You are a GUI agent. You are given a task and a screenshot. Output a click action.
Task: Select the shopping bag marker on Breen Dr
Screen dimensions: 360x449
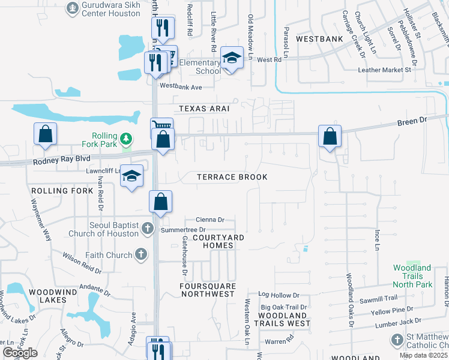click(x=330, y=136)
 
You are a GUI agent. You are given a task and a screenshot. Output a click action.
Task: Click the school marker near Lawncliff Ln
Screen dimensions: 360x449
click(x=132, y=176)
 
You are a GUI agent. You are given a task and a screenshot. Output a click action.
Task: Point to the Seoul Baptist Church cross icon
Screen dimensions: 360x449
click(x=148, y=228)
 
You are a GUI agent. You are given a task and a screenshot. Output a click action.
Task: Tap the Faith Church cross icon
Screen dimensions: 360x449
click(x=141, y=255)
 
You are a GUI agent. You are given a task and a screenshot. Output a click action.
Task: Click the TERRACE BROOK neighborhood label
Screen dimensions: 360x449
click(x=232, y=178)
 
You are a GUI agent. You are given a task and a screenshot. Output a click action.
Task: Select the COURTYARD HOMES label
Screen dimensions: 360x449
click(x=218, y=242)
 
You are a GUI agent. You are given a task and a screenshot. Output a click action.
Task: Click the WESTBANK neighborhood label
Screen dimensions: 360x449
click(x=319, y=39)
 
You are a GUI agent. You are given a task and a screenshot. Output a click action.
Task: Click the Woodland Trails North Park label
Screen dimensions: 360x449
click(x=412, y=276)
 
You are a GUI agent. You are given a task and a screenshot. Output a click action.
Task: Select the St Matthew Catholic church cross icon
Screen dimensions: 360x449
click(x=397, y=340)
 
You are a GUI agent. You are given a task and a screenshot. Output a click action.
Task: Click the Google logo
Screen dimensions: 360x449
click(x=20, y=352)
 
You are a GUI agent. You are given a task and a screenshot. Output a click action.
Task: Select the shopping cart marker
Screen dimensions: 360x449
click(x=161, y=125)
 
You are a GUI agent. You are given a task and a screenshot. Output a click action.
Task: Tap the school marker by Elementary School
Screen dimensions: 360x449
click(x=232, y=58)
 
